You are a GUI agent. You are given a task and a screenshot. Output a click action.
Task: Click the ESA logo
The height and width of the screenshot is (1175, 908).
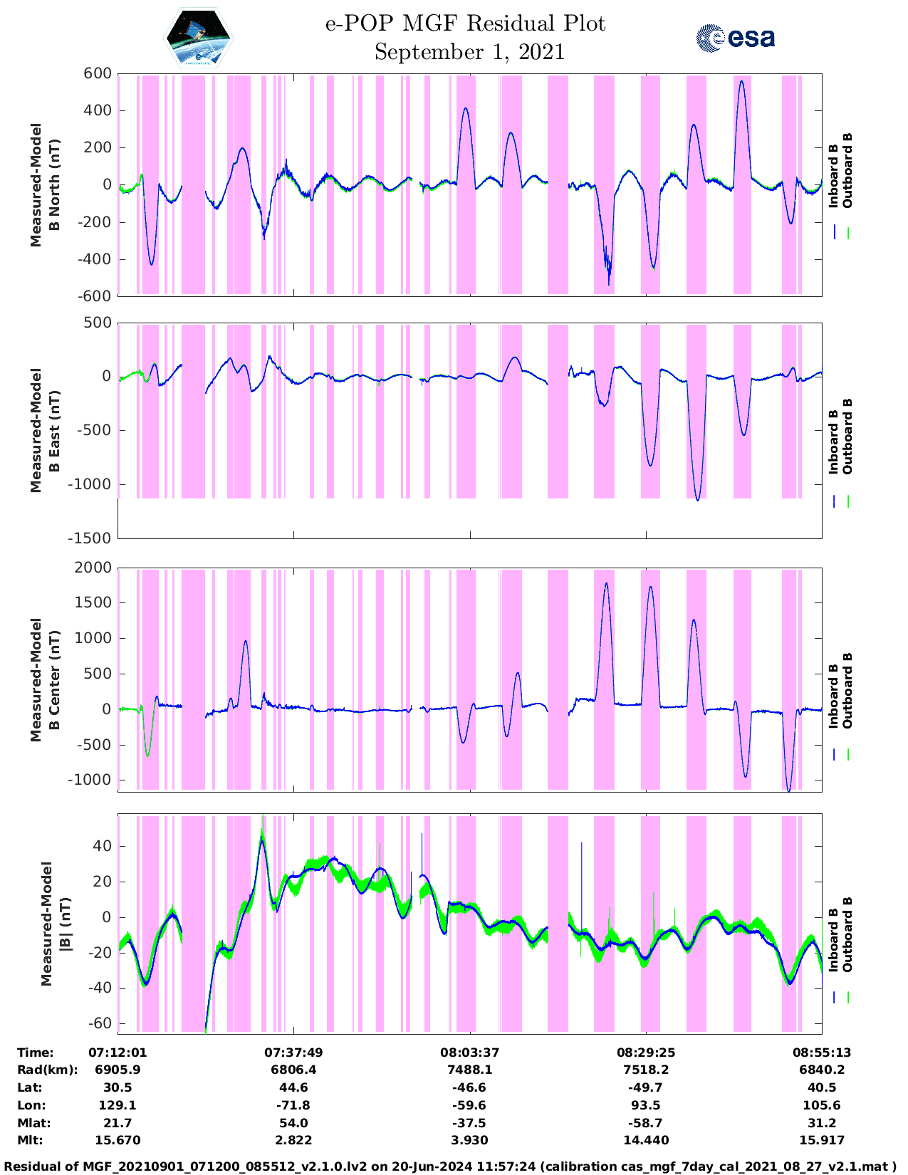point(736,38)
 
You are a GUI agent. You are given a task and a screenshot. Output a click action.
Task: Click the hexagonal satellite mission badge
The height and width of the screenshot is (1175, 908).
point(198,38)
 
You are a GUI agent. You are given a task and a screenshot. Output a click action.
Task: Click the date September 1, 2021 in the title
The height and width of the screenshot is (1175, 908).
point(469,52)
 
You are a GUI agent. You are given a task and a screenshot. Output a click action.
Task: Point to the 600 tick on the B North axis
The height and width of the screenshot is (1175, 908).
point(98,73)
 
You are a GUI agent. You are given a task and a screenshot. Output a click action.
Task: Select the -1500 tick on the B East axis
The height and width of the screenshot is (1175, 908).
point(90,538)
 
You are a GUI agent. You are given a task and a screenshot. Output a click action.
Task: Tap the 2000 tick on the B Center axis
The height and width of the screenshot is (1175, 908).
point(93,568)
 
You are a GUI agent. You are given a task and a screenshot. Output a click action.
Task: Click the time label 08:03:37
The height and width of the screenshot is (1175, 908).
point(469,1053)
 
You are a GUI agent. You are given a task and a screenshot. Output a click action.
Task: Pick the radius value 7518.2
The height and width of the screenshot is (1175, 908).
point(646,1070)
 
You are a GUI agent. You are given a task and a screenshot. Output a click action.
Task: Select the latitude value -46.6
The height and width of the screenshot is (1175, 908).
point(469,1087)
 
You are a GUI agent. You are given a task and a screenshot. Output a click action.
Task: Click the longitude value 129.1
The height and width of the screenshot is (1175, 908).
point(118,1105)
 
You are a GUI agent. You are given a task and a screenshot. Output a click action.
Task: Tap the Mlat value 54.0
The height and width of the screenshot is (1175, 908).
point(293,1123)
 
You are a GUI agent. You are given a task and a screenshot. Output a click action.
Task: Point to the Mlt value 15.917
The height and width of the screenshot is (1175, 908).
point(821,1140)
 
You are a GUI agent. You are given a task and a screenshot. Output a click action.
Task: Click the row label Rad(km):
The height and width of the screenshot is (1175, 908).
point(48,1070)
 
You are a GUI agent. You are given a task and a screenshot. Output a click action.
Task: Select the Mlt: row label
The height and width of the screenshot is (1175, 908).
point(31,1140)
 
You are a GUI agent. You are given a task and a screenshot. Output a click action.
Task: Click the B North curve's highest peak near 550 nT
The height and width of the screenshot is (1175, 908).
point(741,81)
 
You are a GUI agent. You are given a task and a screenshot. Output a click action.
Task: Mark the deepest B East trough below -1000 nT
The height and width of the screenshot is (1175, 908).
point(698,500)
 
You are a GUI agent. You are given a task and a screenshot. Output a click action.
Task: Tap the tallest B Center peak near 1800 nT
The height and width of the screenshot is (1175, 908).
point(606,583)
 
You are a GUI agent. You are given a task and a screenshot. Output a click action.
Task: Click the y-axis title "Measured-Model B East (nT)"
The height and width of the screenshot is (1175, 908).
point(45,430)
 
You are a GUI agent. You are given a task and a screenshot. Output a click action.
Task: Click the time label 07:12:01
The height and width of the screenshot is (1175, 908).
point(118,1053)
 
